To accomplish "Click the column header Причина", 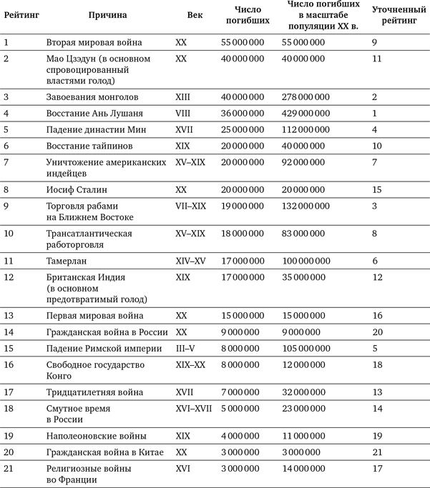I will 107,15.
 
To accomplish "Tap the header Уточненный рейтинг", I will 396,15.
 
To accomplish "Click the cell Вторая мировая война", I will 94,43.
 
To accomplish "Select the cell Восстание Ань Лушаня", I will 94,113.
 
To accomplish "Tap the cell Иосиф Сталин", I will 77,190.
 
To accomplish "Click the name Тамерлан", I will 69,261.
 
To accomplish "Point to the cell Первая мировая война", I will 94,315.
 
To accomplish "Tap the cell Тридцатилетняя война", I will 94,392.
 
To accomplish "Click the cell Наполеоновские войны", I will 96,435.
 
